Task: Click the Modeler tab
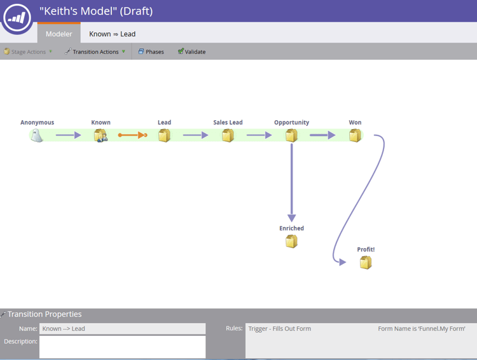coord(59,34)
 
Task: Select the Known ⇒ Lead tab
coord(112,34)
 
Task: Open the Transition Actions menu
coord(95,52)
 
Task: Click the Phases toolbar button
coord(151,52)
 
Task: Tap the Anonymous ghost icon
coord(37,135)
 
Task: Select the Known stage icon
coord(100,135)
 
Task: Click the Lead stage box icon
coord(164,135)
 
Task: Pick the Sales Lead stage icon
coord(228,135)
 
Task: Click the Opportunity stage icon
coord(291,135)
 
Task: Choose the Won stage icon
coord(355,135)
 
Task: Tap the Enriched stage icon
coord(291,241)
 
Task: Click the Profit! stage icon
coord(365,262)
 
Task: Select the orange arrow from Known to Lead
coord(132,135)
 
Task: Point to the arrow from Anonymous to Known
coord(69,135)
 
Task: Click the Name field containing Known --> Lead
coord(122,329)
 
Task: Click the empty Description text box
coord(122,347)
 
